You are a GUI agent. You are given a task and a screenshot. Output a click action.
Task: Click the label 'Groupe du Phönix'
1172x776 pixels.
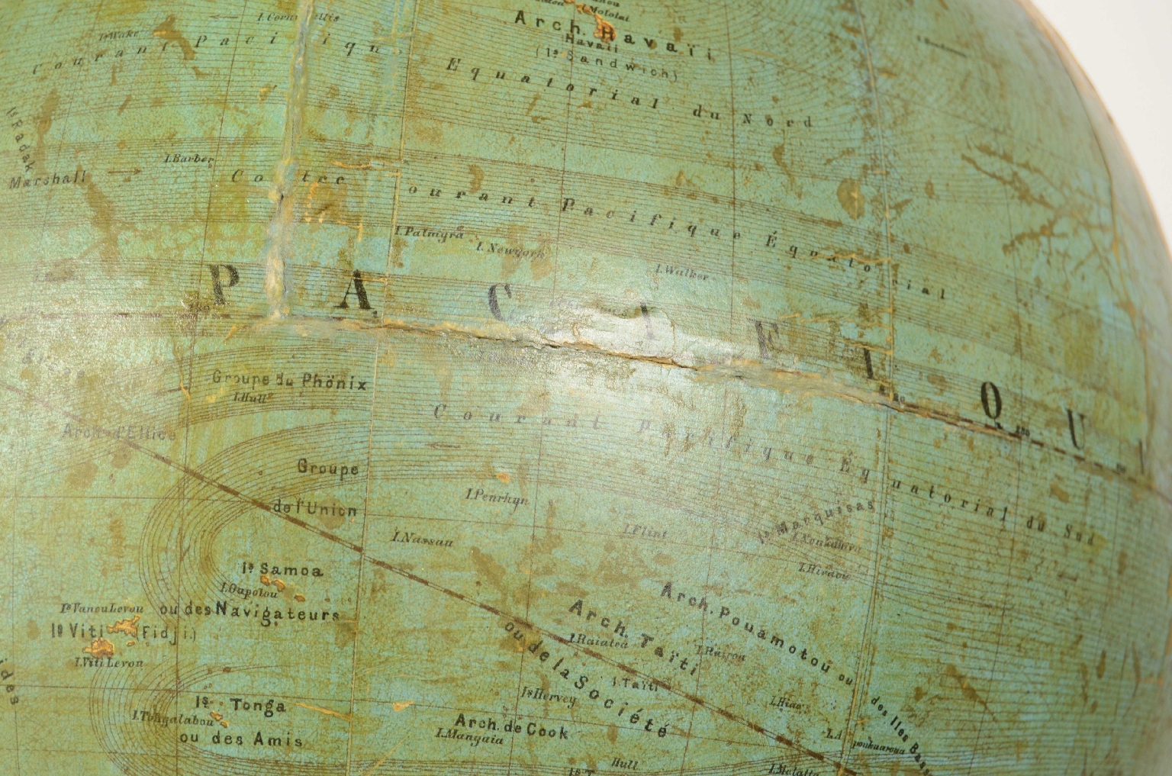pos(289,379)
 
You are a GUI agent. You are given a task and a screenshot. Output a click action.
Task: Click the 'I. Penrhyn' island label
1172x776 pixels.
pos(497,495)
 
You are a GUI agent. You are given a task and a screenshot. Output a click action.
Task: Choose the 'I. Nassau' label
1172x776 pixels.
pos(423,539)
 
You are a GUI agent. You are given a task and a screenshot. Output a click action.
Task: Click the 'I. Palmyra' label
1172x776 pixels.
pos(430,232)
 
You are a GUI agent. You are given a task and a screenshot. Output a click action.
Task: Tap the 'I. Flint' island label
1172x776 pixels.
pos(641,530)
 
